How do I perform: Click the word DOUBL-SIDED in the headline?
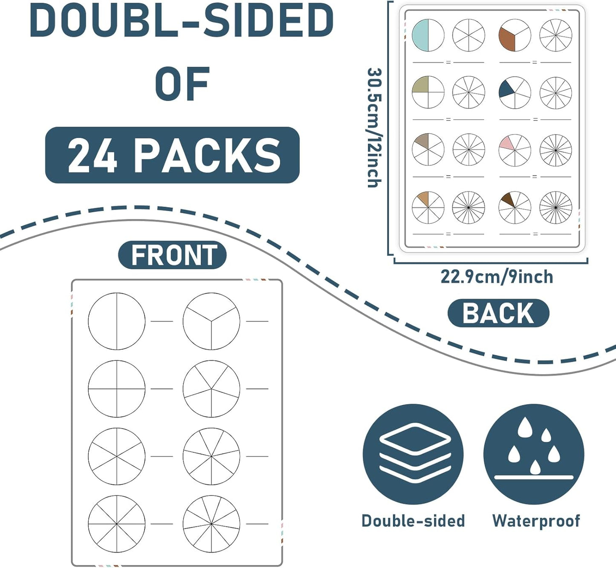[x=182, y=21]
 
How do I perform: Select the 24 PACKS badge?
[x=173, y=155]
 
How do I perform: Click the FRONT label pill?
[x=173, y=255]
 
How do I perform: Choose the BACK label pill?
[x=498, y=313]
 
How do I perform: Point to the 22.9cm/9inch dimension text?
[x=497, y=277]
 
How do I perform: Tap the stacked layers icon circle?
[x=413, y=455]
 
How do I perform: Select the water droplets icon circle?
[x=534, y=455]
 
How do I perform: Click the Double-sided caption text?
[x=413, y=521]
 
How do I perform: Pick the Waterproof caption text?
[x=536, y=521]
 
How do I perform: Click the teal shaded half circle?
[x=420, y=35]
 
